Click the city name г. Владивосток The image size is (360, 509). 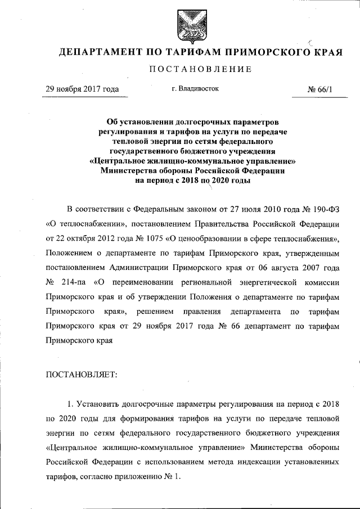pyautogui.click(x=195, y=88)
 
